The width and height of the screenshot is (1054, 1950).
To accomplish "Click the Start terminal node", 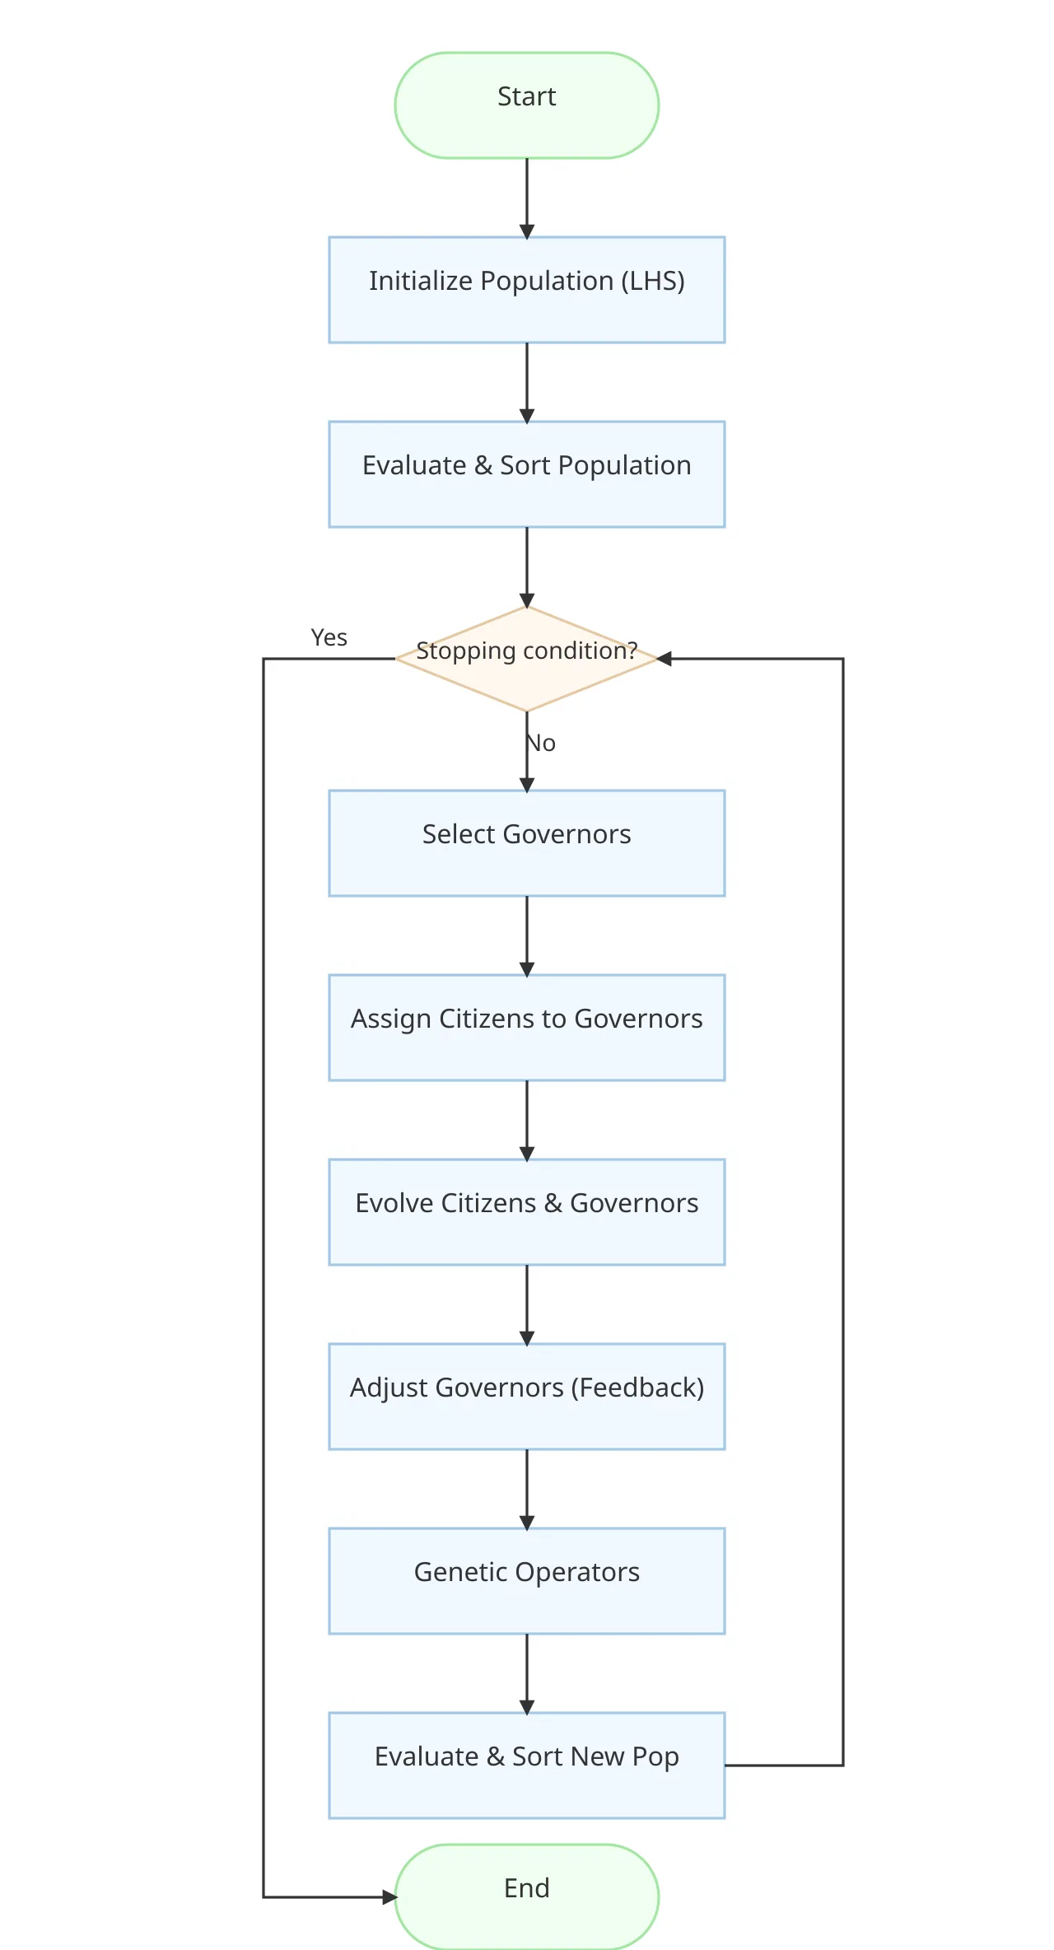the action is (527, 105).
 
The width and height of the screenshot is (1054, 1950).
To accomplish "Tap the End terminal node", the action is (527, 1896).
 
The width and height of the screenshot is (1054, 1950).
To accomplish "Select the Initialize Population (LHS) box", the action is (527, 290).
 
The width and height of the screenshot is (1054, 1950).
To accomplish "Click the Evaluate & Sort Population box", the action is (527, 474).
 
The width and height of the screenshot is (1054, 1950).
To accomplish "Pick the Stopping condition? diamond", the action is (527, 659).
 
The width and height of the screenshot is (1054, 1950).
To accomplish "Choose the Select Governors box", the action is (527, 843).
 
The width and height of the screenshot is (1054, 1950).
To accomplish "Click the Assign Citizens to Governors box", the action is (527, 1028).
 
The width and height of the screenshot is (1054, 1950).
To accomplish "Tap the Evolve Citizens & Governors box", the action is (527, 1212).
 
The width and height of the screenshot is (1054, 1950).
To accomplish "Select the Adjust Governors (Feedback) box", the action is (527, 1397).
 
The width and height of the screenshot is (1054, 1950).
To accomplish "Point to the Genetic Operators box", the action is (527, 1581).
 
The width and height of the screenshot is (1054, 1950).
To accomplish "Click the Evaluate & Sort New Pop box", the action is (527, 1766).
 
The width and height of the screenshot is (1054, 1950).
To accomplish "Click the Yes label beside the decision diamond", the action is (329, 637).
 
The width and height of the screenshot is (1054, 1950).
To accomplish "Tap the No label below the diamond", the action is (541, 743).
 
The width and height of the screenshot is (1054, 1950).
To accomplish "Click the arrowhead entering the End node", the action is (389, 1897).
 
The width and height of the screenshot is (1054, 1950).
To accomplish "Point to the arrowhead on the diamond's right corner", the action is (665, 659).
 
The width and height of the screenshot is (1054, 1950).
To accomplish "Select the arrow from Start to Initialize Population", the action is (527, 198).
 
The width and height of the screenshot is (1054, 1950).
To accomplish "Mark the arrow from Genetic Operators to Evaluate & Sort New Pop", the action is (527, 1673).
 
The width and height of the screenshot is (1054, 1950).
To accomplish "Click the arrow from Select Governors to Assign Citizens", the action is (527, 935).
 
